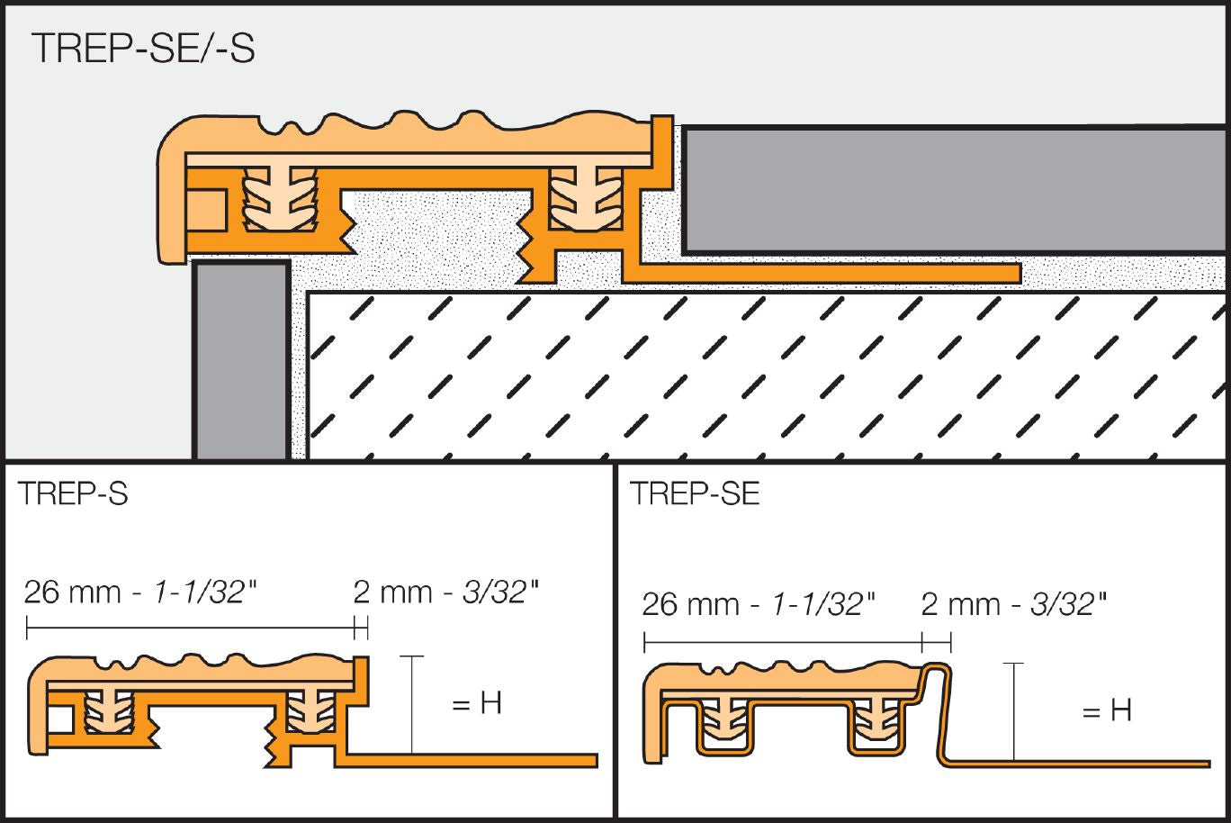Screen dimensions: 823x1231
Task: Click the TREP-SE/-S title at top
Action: click(x=143, y=48)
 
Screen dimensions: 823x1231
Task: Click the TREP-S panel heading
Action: click(x=73, y=494)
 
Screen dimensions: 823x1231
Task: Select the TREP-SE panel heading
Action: click(x=695, y=494)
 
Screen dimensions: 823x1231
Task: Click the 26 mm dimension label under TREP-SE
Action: click(x=758, y=604)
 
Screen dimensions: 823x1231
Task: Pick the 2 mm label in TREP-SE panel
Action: click(x=1013, y=604)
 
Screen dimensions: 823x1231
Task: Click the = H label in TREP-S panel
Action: click(x=477, y=703)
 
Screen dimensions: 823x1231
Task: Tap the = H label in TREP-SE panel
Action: click(x=1107, y=710)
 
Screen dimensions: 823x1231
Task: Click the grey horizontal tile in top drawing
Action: click(x=954, y=189)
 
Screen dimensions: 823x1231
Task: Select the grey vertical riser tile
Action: click(x=241, y=360)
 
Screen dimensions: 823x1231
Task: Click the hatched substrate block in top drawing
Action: click(x=765, y=374)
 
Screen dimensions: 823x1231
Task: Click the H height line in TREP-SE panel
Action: click(x=1013, y=711)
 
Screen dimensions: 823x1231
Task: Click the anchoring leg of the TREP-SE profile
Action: click(x=1080, y=764)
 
